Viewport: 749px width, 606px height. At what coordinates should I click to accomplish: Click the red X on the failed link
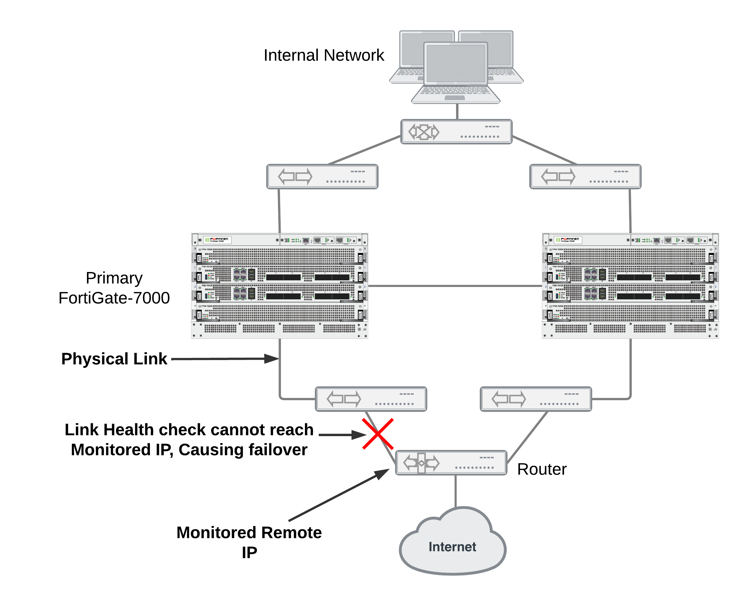(x=377, y=434)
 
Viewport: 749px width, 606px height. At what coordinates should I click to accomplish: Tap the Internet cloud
(x=452, y=545)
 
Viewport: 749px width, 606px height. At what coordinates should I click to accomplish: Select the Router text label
(x=542, y=469)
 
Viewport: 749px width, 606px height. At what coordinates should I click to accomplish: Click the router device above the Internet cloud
(x=451, y=463)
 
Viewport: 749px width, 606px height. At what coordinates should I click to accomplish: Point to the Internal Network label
(x=324, y=55)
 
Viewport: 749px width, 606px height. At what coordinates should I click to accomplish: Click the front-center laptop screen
(x=455, y=64)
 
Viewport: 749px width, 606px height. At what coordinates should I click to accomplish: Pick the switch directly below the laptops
(x=456, y=132)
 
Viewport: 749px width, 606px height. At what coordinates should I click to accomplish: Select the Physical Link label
(x=114, y=359)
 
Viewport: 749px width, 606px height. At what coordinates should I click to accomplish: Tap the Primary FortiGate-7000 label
(x=114, y=288)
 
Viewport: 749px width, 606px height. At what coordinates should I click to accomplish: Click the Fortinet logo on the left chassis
(x=217, y=240)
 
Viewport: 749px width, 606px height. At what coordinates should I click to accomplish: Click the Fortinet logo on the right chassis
(x=568, y=240)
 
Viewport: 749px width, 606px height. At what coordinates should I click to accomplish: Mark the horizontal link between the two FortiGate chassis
(x=454, y=286)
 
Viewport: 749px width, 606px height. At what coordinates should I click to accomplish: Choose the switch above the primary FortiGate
(x=322, y=177)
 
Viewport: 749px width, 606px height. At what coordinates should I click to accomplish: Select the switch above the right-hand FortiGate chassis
(x=585, y=177)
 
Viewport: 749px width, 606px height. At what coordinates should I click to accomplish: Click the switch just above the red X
(x=371, y=399)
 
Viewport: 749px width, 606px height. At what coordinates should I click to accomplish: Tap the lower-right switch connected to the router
(x=536, y=399)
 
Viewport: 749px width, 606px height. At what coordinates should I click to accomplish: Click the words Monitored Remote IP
(x=249, y=542)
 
